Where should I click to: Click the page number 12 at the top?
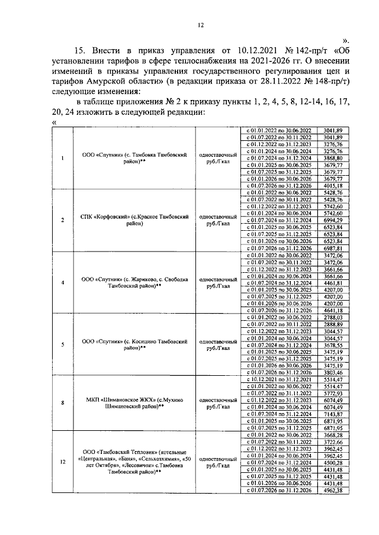point(200,25)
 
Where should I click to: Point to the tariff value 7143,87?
point(333,415)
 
